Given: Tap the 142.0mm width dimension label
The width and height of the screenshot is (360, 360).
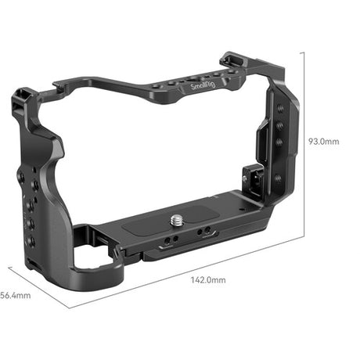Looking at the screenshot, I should [208, 279].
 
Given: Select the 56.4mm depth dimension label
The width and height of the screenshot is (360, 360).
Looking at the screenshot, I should [15, 295].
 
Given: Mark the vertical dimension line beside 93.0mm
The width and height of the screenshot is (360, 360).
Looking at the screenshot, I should [302, 141].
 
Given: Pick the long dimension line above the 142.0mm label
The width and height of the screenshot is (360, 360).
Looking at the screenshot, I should [196, 266].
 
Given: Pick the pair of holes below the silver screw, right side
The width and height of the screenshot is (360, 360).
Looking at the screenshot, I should [205, 232].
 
